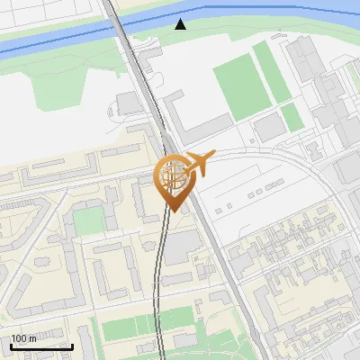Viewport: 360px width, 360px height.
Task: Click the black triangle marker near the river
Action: tap(181, 23)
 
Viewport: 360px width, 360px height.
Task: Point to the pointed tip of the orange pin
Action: tap(171, 211)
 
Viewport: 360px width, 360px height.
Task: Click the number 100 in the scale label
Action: tap(19, 338)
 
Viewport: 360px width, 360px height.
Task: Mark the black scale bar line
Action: tap(41, 346)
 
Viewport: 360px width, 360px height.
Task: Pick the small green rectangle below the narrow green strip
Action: tap(290, 116)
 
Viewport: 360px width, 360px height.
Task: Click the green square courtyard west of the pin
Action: tap(87, 221)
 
